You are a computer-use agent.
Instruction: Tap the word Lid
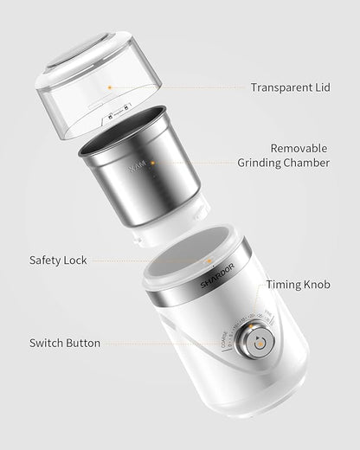(323, 87)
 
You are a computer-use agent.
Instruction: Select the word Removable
(299, 148)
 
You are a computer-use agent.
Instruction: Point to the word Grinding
(259, 163)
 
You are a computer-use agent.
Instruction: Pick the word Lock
(76, 260)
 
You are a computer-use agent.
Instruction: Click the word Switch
(47, 343)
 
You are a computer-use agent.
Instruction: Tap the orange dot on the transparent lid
(109, 87)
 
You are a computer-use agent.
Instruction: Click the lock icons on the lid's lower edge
(119, 112)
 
